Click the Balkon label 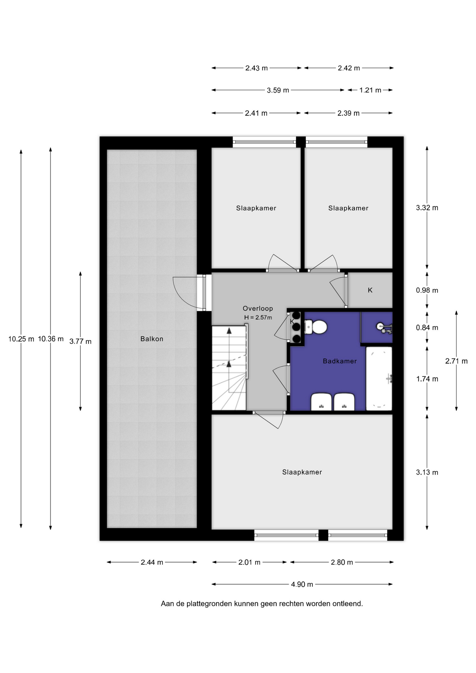pos(152,339)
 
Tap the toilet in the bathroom pos(316,327)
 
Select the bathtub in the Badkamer pos(379,379)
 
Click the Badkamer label pos(340,361)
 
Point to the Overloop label pos(258,308)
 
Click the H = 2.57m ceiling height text pos(258,318)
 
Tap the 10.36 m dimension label pos(51,339)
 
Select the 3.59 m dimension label pos(278,90)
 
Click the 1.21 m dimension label pos(370,90)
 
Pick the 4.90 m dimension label pos(302,584)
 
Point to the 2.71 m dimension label pos(456,361)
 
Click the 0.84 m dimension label pos(427,328)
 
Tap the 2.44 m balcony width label pos(152,562)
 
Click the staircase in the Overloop pos(230,367)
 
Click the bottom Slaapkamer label pos(302,472)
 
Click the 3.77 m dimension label pos(80,341)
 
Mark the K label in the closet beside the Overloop pos(370,290)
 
